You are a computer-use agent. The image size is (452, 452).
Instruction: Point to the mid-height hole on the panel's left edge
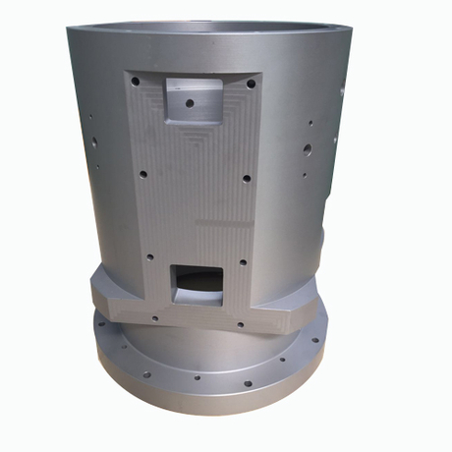click(143, 173)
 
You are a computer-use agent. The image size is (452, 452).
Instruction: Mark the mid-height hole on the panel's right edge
click(247, 179)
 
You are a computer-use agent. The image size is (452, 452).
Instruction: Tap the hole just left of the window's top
click(150, 258)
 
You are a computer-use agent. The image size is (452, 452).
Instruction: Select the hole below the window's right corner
click(238, 323)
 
